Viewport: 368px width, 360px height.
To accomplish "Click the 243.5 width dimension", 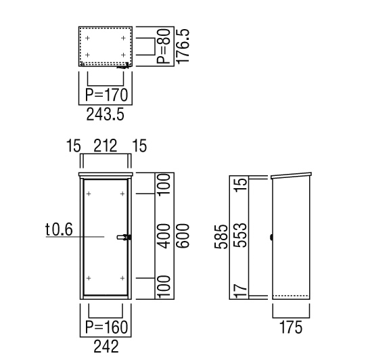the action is click(x=105, y=115).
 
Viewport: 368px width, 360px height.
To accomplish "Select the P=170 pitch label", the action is click(x=107, y=95).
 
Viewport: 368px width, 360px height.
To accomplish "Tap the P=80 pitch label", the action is click(x=163, y=46).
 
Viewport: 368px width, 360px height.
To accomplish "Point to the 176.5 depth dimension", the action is click(x=183, y=46).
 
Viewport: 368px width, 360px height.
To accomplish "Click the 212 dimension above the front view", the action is click(x=105, y=146).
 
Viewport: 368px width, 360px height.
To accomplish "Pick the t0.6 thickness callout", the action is click(x=59, y=229).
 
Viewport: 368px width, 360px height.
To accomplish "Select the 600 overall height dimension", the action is click(x=183, y=235).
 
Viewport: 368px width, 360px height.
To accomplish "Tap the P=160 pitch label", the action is click(x=107, y=327).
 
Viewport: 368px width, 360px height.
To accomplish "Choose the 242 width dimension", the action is click(x=106, y=346).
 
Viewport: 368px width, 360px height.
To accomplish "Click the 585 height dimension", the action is click(x=221, y=237).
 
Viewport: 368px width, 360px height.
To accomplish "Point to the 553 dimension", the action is click(x=241, y=235).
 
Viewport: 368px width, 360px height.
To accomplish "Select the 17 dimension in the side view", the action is click(x=241, y=290).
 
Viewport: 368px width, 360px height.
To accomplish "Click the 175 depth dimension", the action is click(x=291, y=328).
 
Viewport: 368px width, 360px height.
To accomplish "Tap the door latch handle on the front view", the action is click(x=124, y=238).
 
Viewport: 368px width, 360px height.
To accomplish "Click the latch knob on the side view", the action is click(x=271, y=238).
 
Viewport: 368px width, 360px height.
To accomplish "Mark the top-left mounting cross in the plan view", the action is click(x=87, y=38).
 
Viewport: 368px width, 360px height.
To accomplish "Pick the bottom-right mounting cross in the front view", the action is click(x=122, y=278).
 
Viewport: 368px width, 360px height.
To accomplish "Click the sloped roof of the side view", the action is click(x=292, y=175).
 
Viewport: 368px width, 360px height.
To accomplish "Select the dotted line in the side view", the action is click(x=290, y=296).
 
